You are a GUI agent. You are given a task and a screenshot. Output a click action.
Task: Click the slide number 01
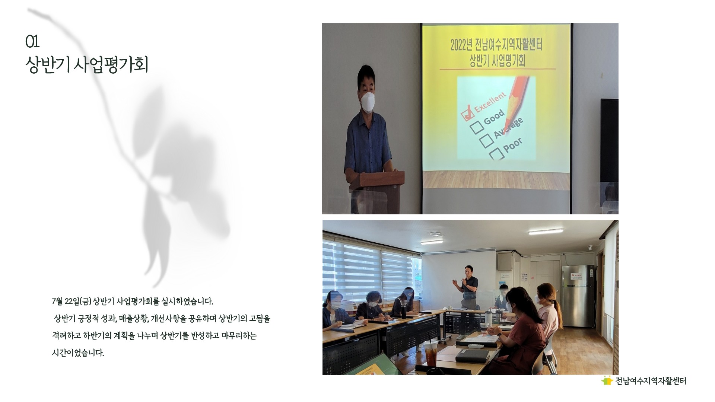pyautogui.click(x=32, y=42)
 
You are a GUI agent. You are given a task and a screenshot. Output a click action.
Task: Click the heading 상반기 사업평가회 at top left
pyautogui.click(x=87, y=65)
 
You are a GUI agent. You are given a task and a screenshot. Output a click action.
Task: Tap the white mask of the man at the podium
pyautogui.click(x=368, y=102)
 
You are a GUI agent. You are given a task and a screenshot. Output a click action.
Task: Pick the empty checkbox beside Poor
pyautogui.click(x=497, y=153)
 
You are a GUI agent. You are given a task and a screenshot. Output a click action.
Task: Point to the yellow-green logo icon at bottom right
pyautogui.click(x=607, y=380)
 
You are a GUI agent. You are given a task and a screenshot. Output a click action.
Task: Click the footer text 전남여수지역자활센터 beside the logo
pyautogui.click(x=651, y=381)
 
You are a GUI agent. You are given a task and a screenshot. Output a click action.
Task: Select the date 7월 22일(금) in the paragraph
pyautogui.click(x=72, y=301)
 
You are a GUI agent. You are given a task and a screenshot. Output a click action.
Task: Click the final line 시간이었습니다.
pyautogui.click(x=78, y=353)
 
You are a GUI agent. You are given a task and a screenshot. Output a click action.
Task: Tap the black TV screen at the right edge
pyautogui.click(x=609, y=140)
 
